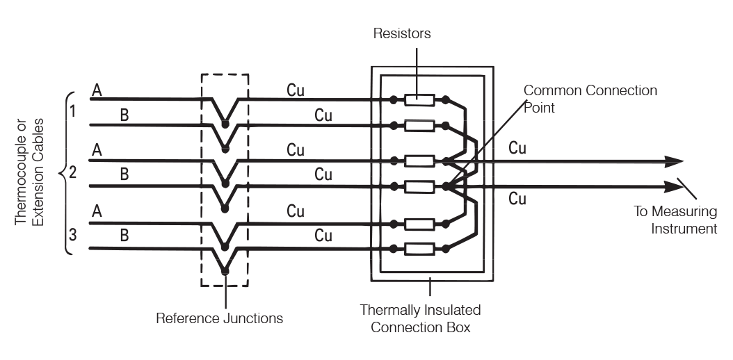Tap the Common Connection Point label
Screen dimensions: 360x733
tap(590, 97)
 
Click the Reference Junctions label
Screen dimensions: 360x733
tap(220, 318)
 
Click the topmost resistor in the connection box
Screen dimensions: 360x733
tap(421, 101)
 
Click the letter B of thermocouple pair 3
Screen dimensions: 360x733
tap(124, 236)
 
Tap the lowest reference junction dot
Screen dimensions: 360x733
tap(225, 272)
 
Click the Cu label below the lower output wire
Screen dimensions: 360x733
tap(517, 199)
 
